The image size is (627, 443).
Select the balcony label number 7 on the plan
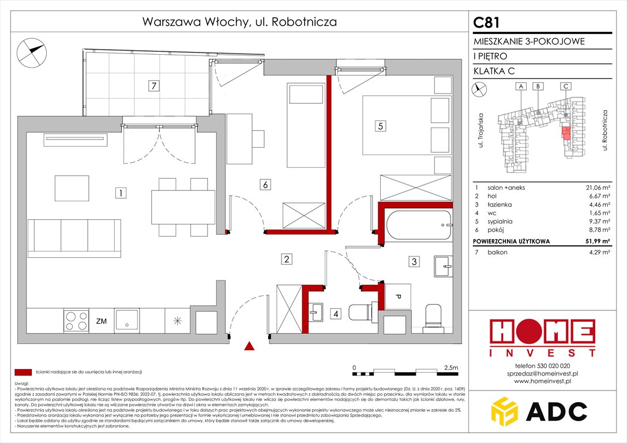[x=153, y=86]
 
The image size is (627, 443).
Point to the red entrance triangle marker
[x=249, y=346]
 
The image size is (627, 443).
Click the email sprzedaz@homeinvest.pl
[x=542, y=373]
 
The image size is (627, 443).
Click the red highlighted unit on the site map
[x=566, y=134]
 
